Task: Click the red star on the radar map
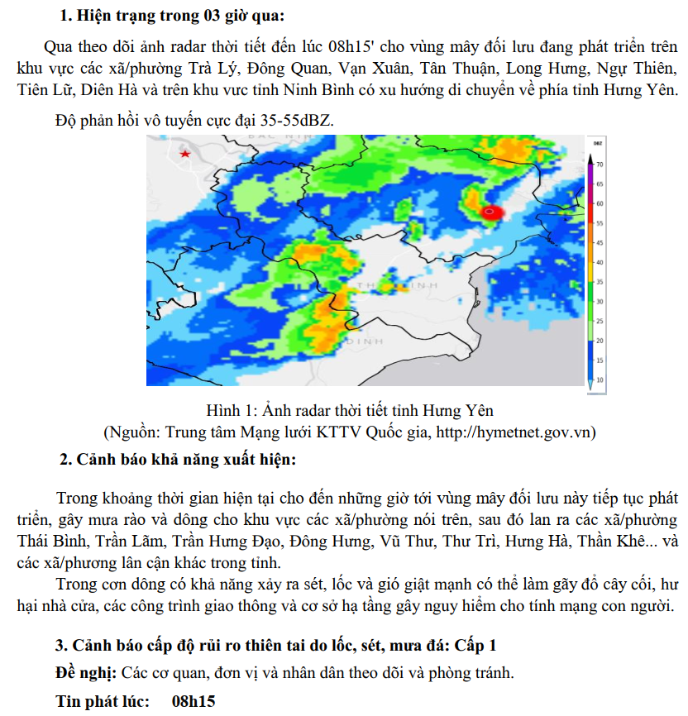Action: coord(186,154)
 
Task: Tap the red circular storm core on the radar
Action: coord(491,212)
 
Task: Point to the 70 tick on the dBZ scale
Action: coord(599,165)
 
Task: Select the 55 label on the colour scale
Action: coord(599,223)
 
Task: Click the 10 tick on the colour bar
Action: coord(599,379)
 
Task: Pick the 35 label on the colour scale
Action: coord(599,282)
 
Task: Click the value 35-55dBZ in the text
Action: coord(294,120)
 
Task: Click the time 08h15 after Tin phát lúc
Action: coord(193,701)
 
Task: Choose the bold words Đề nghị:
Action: coord(86,672)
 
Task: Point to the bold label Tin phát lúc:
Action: coord(103,701)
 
